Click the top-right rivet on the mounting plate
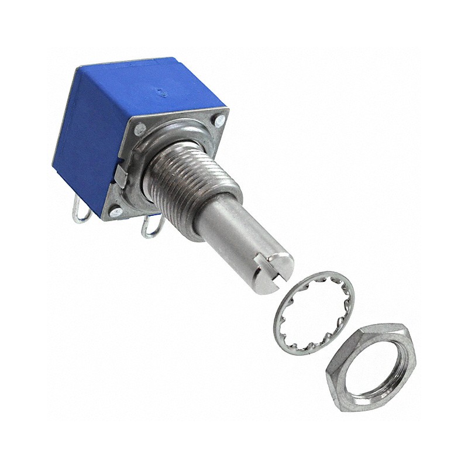(x=219, y=122)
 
